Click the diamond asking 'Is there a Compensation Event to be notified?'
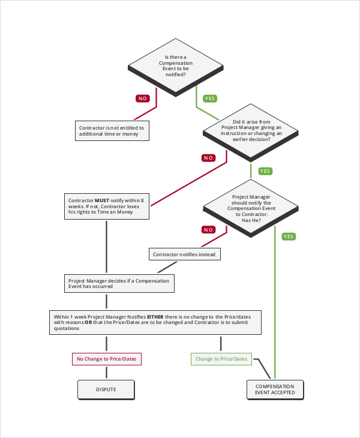(176, 65)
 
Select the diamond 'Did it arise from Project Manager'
(250, 130)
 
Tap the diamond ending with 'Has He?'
(250, 208)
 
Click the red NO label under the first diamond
(143, 98)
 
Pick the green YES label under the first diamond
(210, 98)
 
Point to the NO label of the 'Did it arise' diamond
(208, 158)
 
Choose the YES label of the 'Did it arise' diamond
(265, 171)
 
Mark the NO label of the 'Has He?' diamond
(208, 229)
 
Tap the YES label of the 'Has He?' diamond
(289, 236)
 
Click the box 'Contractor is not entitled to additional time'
(111, 131)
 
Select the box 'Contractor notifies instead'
(185, 254)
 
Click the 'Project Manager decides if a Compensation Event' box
(119, 283)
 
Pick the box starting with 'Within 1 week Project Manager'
(155, 322)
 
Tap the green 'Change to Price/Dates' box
(221, 359)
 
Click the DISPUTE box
(106, 389)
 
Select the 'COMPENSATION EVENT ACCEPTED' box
(275, 389)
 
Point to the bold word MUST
(102, 199)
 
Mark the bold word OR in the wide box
(88, 322)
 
